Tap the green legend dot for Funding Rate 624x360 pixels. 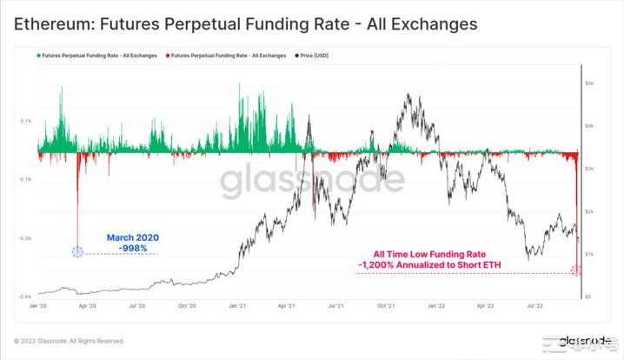click(x=38, y=56)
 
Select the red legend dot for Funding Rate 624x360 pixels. click(x=169, y=56)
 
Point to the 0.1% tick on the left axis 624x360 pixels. click(x=26, y=121)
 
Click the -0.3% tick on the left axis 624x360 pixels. click(x=25, y=237)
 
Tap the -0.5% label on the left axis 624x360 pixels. click(x=25, y=297)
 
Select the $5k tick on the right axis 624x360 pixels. click(x=588, y=83)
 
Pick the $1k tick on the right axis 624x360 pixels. click(x=588, y=254)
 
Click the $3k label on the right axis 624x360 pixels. click(x=588, y=169)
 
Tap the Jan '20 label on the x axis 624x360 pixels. click(x=38, y=306)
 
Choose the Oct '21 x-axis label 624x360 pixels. click(x=386, y=306)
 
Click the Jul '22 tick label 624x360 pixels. click(x=535, y=306)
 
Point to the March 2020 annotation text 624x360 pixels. click(x=132, y=237)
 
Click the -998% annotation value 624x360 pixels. click(x=133, y=249)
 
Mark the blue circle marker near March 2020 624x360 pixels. click(x=77, y=252)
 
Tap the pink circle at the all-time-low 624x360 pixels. click(x=575, y=271)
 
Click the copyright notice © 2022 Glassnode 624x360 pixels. click(x=69, y=341)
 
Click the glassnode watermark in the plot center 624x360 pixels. click(x=311, y=181)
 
